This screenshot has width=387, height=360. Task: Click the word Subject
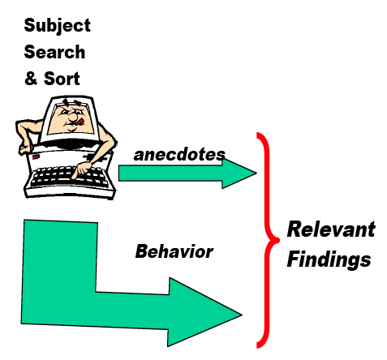pos(57,26)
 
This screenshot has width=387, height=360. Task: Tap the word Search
pos(54,52)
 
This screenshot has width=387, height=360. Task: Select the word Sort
pos(62,79)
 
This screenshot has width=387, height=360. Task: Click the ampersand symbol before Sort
pos(31,79)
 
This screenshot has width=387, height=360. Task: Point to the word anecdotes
pos(179,155)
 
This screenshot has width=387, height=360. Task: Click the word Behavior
pos(174,251)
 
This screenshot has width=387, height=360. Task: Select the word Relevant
pos(331,229)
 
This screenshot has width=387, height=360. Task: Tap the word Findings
pos(329,259)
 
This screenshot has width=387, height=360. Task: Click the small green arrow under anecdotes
pos(187,174)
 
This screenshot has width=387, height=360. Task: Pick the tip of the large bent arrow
pos(242,315)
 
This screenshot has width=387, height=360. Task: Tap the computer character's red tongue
pos(80,122)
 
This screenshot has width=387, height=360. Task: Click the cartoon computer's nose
pos(72,117)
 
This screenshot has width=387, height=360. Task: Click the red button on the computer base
pos(36,156)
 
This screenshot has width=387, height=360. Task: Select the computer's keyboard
pos(67,177)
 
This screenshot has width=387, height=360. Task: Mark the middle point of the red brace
pos(278,239)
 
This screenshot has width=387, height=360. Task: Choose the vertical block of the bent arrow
pos(59,270)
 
